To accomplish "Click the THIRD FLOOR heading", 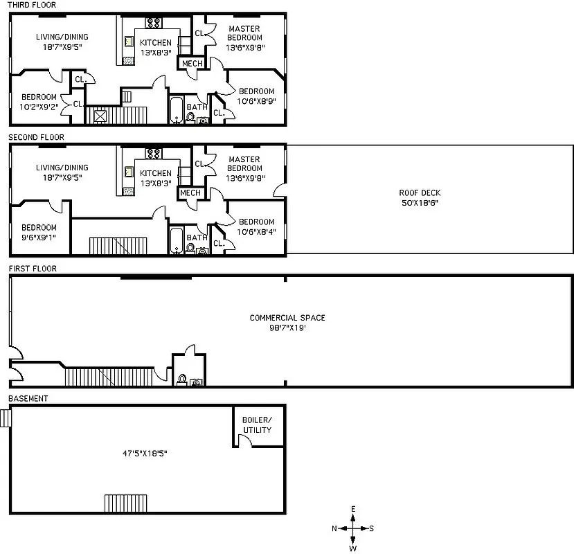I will point(32,5).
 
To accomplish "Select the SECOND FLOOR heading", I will point(36,137).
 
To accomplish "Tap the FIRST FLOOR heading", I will point(32,268).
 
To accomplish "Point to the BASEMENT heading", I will point(28,399).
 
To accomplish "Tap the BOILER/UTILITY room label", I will point(257,425).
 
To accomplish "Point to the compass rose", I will point(353,528).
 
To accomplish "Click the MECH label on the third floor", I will point(192,64).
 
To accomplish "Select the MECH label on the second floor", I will point(190,193).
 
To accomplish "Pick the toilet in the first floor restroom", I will point(181,379).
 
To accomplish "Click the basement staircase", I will point(126,503).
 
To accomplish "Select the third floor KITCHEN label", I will point(156,43).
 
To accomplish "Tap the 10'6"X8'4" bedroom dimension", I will point(256,232).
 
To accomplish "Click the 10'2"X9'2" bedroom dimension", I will point(39,107).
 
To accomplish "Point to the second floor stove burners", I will point(153,152).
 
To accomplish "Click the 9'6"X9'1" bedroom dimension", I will point(39,238).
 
